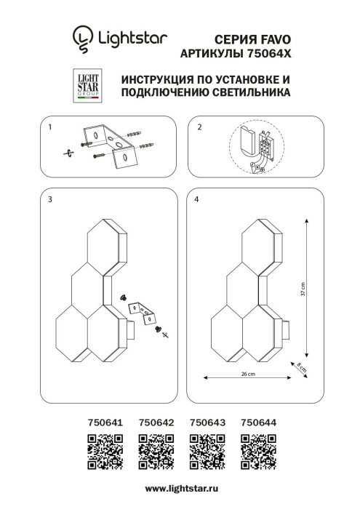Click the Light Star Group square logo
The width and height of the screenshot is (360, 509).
(x=88, y=86)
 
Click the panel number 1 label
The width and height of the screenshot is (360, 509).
(x=49, y=127)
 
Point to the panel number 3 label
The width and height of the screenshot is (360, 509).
(x=49, y=199)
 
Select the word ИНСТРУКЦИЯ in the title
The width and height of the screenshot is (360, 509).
(x=153, y=79)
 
